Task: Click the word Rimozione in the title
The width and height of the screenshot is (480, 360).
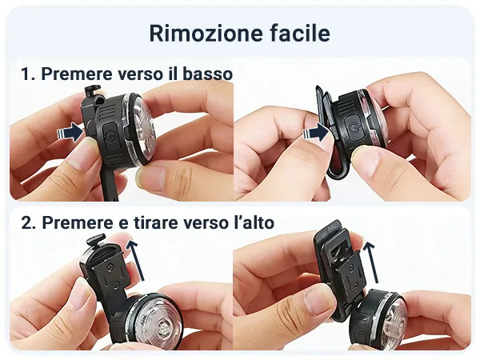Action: point(206,33)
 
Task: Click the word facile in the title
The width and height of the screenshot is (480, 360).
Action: point(300,33)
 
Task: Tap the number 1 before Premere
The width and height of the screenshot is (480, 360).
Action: point(26,74)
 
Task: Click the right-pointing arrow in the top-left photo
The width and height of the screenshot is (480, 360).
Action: point(70,132)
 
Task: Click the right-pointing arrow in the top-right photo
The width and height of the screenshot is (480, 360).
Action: point(316,132)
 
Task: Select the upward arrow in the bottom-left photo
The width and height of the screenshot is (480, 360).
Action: point(135,260)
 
